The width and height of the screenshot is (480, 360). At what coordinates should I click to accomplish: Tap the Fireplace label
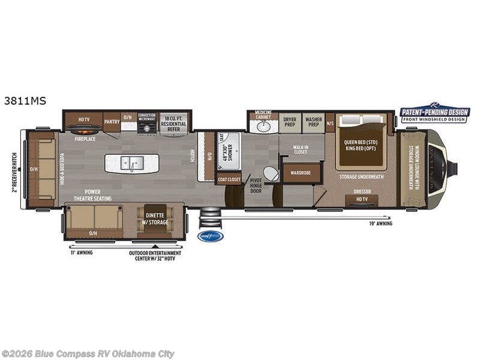[x=85, y=139]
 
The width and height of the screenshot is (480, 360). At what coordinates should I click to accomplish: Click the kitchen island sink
[x=131, y=163]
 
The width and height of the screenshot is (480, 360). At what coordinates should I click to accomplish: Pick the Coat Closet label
[x=229, y=179]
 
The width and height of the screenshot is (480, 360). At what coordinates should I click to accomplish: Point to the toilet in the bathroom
[x=271, y=174]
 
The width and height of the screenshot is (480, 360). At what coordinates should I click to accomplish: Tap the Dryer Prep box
[x=289, y=122]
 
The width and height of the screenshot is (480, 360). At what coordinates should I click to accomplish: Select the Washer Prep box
[x=313, y=122]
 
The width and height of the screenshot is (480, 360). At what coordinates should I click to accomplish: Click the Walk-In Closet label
[x=300, y=149]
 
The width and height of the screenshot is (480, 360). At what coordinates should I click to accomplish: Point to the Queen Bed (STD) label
[x=360, y=142]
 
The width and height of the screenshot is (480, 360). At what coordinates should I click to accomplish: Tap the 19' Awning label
[x=380, y=224]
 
